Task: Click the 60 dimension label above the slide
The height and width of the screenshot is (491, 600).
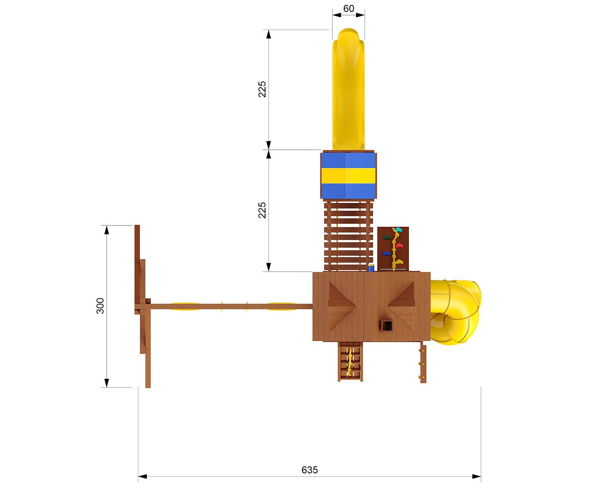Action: tap(348, 9)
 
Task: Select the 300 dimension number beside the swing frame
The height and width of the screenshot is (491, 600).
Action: tap(100, 306)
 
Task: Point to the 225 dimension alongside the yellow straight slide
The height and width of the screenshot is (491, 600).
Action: tap(262, 89)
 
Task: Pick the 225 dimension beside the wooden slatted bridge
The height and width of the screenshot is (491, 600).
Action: tap(262, 210)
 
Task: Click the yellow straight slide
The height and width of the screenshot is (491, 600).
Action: tap(348, 89)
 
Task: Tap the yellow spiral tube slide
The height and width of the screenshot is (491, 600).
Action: tap(455, 312)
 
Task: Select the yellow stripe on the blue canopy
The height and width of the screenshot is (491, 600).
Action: tap(348, 176)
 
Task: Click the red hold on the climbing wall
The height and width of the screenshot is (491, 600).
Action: tap(399, 245)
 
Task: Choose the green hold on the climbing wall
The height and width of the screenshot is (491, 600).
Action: tap(386, 237)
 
